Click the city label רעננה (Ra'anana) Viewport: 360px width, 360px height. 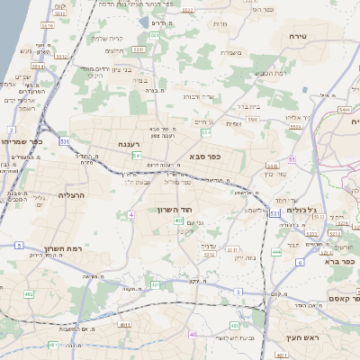tap(126, 144)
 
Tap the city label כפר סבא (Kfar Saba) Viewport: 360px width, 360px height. tap(206, 156)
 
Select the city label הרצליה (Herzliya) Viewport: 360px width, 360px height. tap(71, 194)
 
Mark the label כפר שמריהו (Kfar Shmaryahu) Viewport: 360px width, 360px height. tap(20, 141)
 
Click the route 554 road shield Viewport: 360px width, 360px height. tap(206, 133)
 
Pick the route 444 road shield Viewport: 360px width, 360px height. tap(276, 253)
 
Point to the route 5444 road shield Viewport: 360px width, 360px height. tap(344, 110)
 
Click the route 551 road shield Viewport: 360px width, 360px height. tap(154, 35)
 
